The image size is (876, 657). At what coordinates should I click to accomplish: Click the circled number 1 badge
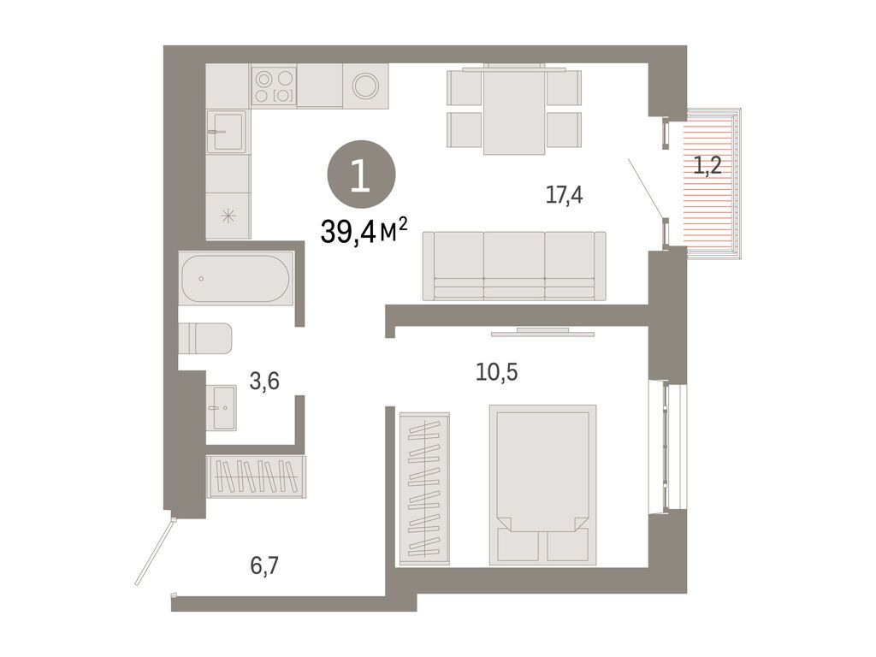coord(361,175)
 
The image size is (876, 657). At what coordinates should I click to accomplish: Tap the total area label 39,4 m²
coord(364,231)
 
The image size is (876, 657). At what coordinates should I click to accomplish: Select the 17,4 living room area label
coord(564,196)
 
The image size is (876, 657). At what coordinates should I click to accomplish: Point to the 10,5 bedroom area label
coord(497,371)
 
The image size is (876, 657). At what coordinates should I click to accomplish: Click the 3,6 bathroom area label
coord(264,382)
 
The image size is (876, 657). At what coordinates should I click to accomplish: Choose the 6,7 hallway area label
coord(264,566)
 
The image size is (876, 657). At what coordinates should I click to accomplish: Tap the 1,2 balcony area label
coord(707,166)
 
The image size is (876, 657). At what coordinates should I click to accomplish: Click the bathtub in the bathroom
coord(236,279)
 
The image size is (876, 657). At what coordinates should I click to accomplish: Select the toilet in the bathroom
coord(205,338)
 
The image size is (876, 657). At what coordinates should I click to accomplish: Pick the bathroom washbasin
coord(222,408)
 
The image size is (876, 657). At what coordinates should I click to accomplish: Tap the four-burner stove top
coord(274,86)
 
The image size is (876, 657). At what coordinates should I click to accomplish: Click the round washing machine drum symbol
coord(366,86)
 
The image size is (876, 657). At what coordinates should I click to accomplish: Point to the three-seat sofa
coord(514,266)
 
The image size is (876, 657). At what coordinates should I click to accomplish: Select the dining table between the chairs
coord(514,109)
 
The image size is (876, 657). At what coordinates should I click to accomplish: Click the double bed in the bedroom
coord(542,484)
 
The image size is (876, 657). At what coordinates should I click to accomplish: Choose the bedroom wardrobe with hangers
coord(424,488)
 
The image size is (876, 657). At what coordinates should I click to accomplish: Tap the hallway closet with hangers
coord(257,476)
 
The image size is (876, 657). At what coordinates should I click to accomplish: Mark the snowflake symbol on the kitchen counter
coord(228,216)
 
